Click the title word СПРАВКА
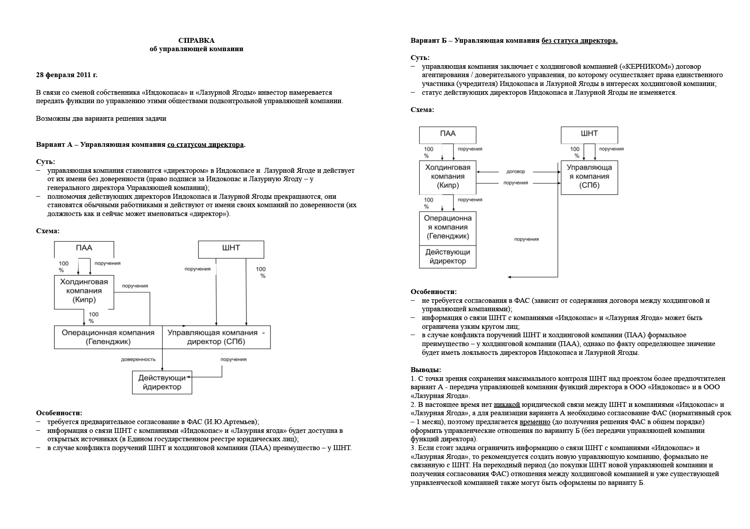196,41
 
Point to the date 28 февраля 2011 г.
67,75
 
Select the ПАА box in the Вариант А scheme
84,248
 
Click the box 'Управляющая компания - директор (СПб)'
216,337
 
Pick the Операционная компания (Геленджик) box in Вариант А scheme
108,337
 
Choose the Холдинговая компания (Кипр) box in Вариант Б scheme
447,177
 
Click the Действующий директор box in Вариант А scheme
162,383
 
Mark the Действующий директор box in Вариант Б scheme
447,257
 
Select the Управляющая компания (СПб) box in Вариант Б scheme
589,177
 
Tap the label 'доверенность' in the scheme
138,360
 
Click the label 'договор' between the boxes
516,171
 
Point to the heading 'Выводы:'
426,370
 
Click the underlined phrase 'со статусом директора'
205,145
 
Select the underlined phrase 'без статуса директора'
579,41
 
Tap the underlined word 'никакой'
506,405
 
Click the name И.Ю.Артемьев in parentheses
229,422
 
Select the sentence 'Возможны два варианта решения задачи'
101,119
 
